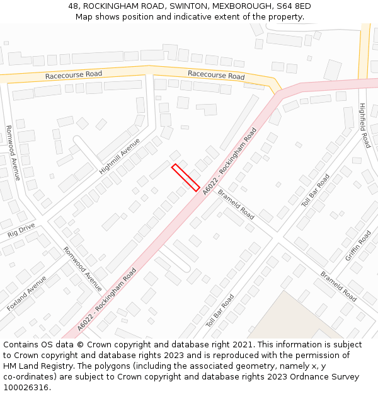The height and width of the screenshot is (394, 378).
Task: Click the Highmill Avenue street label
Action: [120, 156]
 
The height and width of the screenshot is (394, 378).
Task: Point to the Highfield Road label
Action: [363, 125]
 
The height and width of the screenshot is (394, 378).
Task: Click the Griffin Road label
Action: [358, 246]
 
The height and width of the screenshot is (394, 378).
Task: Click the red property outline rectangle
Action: [186, 177]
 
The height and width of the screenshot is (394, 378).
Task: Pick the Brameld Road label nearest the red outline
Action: [236, 205]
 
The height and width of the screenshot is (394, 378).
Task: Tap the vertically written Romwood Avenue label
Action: [13, 153]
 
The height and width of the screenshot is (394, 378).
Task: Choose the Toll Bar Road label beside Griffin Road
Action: [316, 190]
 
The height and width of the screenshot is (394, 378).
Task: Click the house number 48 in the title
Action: [74, 6]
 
